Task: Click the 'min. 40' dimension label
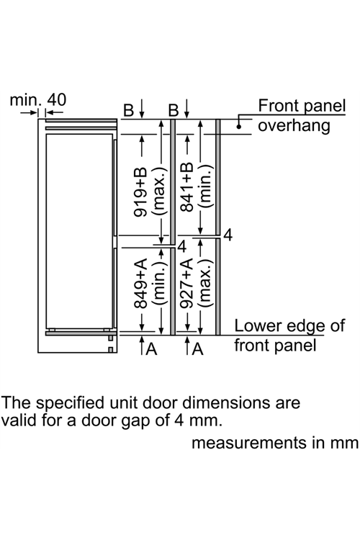point(38,100)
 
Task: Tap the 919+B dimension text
point(140,192)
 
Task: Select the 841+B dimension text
point(187,186)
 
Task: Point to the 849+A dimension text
point(140,284)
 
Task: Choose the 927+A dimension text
point(187,284)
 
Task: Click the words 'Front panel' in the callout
point(302,106)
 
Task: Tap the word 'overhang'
point(294,126)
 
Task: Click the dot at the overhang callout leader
point(239,127)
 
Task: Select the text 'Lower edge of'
point(289,325)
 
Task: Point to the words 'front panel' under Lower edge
point(275,345)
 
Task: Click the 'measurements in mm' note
point(275,443)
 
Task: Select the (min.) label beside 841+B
point(205,186)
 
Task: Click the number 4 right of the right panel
point(228,235)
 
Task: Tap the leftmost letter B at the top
point(128,110)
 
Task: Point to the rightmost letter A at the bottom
point(198,349)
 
